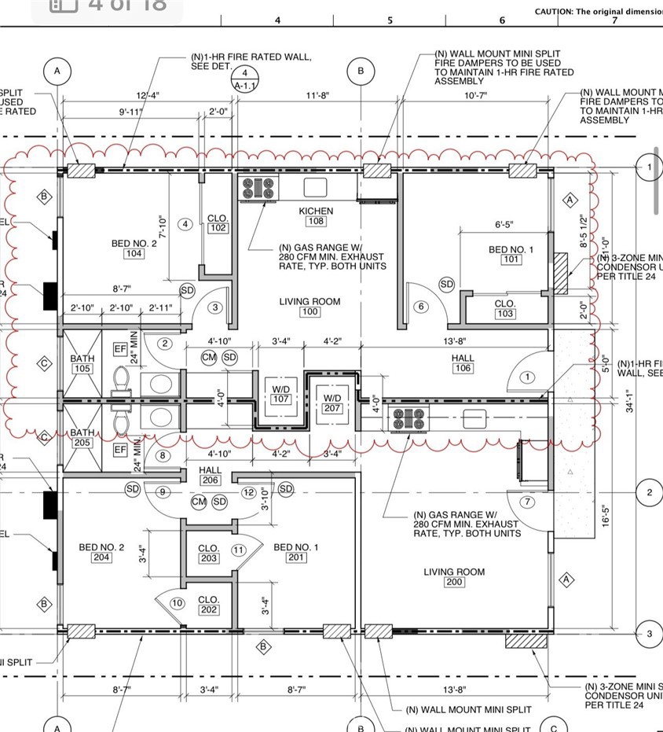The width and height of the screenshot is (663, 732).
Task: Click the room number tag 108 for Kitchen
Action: tap(316, 222)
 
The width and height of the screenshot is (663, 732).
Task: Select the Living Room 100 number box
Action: tap(310, 312)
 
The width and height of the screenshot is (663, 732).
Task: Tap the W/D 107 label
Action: tap(280, 399)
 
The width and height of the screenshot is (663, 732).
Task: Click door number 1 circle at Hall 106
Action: tap(527, 377)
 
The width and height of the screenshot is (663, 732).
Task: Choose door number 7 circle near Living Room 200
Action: tap(527, 502)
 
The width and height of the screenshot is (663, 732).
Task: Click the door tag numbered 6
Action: tap(421, 307)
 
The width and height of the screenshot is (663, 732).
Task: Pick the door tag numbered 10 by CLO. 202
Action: tap(178, 603)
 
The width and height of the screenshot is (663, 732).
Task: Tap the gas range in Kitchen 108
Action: tap(258, 189)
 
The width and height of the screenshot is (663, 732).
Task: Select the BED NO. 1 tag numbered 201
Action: tap(296, 557)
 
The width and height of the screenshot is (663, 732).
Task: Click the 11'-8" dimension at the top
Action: tap(317, 95)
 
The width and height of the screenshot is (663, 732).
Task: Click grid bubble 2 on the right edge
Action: tap(649, 493)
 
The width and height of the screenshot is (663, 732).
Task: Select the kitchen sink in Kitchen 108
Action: tap(315, 187)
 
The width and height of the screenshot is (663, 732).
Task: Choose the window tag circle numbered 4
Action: tap(185, 224)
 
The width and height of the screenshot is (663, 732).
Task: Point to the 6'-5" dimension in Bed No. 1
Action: tap(504, 225)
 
